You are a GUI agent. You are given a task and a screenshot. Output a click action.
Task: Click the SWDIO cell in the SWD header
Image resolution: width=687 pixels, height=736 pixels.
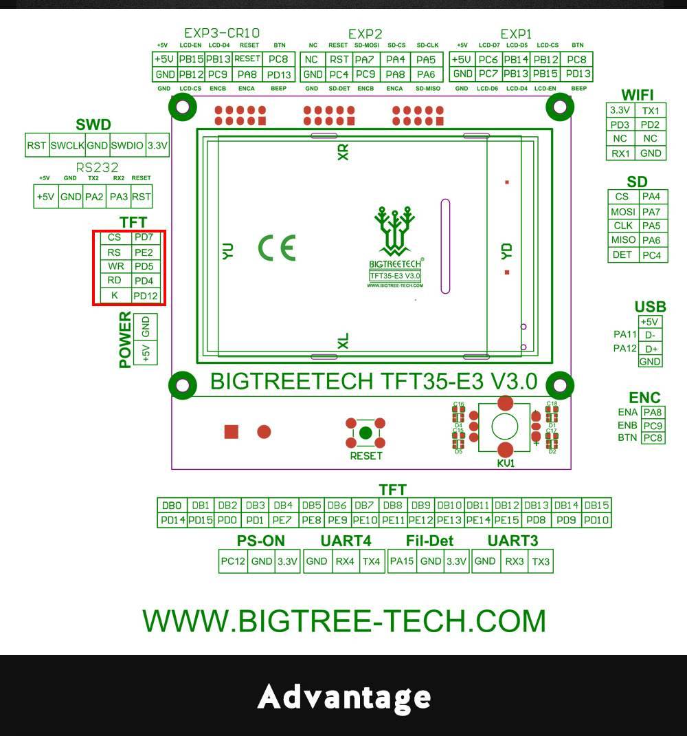[127, 146]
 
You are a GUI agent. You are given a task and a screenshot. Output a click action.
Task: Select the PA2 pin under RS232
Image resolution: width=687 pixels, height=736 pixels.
[93, 197]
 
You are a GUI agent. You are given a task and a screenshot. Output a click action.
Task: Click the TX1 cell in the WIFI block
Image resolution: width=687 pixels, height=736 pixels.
[651, 111]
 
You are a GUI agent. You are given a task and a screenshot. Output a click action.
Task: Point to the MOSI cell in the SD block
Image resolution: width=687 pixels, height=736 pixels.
[622, 212]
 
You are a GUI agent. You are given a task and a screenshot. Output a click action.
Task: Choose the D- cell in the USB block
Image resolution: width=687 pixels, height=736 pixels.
[650, 335]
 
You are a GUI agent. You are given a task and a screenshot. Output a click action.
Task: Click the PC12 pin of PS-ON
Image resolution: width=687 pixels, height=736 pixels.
[233, 561]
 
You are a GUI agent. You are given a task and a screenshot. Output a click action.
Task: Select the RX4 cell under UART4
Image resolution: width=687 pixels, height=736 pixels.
[344, 561]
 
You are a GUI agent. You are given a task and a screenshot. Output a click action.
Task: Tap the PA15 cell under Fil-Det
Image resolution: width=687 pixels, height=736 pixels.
[402, 561]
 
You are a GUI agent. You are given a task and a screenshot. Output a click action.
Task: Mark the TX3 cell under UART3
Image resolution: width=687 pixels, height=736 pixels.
[541, 561]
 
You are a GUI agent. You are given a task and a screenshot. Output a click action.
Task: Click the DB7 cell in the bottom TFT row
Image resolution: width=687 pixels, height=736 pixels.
[365, 506]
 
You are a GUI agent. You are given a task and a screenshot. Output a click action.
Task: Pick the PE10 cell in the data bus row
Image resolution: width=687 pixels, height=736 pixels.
[365, 521]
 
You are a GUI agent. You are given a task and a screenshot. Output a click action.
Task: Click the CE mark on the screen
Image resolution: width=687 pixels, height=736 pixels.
[277, 248]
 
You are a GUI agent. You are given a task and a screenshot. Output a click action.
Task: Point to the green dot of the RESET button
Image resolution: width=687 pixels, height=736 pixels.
[365, 433]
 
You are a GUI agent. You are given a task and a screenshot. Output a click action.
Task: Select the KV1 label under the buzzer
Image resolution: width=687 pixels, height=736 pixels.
[506, 464]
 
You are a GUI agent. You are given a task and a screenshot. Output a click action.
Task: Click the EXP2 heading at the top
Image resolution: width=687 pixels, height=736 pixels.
[365, 34]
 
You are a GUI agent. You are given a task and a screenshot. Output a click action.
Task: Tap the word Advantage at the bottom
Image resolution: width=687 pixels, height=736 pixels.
[344, 697]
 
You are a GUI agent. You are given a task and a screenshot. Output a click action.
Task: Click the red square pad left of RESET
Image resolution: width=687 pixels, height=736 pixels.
[232, 431]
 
